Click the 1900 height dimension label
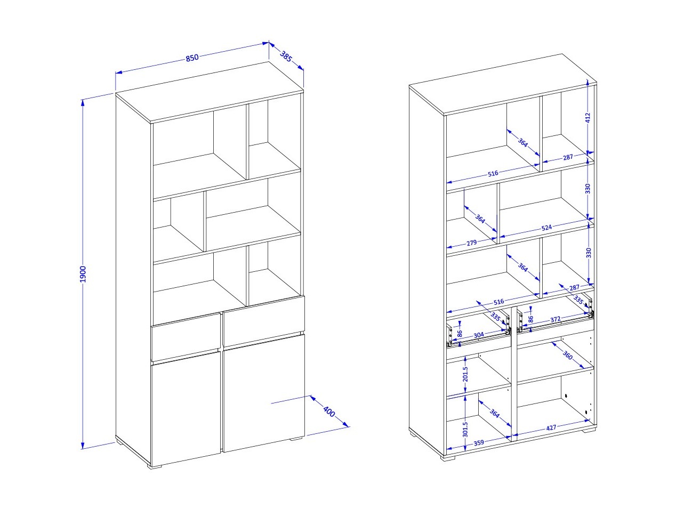click(x=83, y=274)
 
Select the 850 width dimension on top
click(x=192, y=58)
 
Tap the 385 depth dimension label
click(x=286, y=56)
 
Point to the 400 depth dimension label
click(x=329, y=411)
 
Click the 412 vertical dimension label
click(x=588, y=117)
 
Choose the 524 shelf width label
click(x=546, y=228)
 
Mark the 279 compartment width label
click(x=472, y=243)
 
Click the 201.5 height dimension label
click(x=465, y=374)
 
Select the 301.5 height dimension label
click(x=465, y=429)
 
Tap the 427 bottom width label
click(x=551, y=428)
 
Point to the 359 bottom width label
click(x=479, y=443)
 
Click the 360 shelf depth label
click(x=568, y=355)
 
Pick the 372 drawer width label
click(x=555, y=319)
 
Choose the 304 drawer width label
click(x=479, y=335)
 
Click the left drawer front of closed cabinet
click(x=186, y=338)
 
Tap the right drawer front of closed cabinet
click(x=264, y=321)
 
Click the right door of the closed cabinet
click(x=264, y=393)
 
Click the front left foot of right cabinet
click(x=448, y=459)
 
